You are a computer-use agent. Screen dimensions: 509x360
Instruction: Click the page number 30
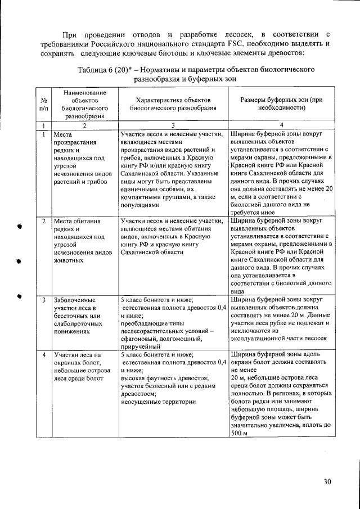point(327,481)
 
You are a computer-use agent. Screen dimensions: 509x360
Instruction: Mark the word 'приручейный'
point(141,346)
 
